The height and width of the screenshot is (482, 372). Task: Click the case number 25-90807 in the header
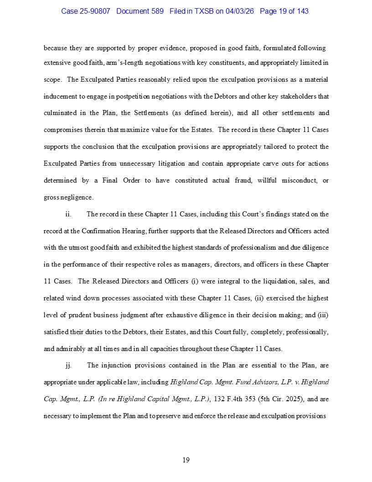tap(95, 11)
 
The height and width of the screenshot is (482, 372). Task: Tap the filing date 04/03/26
tap(240, 11)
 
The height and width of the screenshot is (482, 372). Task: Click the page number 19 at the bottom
tap(186, 460)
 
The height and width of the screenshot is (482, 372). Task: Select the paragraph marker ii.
tap(68, 214)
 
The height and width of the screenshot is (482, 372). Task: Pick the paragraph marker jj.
tap(68, 365)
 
